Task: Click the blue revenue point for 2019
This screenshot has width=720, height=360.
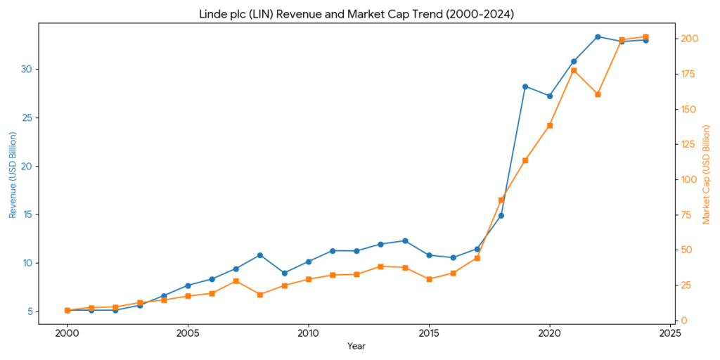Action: coord(525,86)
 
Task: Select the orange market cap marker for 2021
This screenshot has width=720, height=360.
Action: coord(574,70)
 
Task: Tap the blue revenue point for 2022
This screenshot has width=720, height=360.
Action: coord(598,37)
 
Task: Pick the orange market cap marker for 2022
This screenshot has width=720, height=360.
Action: coord(598,94)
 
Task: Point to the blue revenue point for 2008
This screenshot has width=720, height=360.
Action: coord(260,255)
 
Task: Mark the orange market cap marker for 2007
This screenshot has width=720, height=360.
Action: coord(236,281)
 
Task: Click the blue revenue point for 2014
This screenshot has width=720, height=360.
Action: coord(405,240)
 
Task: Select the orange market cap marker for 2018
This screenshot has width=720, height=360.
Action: coord(501,200)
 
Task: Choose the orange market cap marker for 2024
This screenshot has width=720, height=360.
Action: coord(645,37)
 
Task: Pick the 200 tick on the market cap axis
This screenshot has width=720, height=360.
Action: coord(690,39)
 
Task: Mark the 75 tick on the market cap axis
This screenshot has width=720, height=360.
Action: coord(688,214)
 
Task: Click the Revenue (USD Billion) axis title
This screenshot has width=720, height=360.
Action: coord(12,174)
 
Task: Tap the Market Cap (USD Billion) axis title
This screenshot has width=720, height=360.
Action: coord(707,174)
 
